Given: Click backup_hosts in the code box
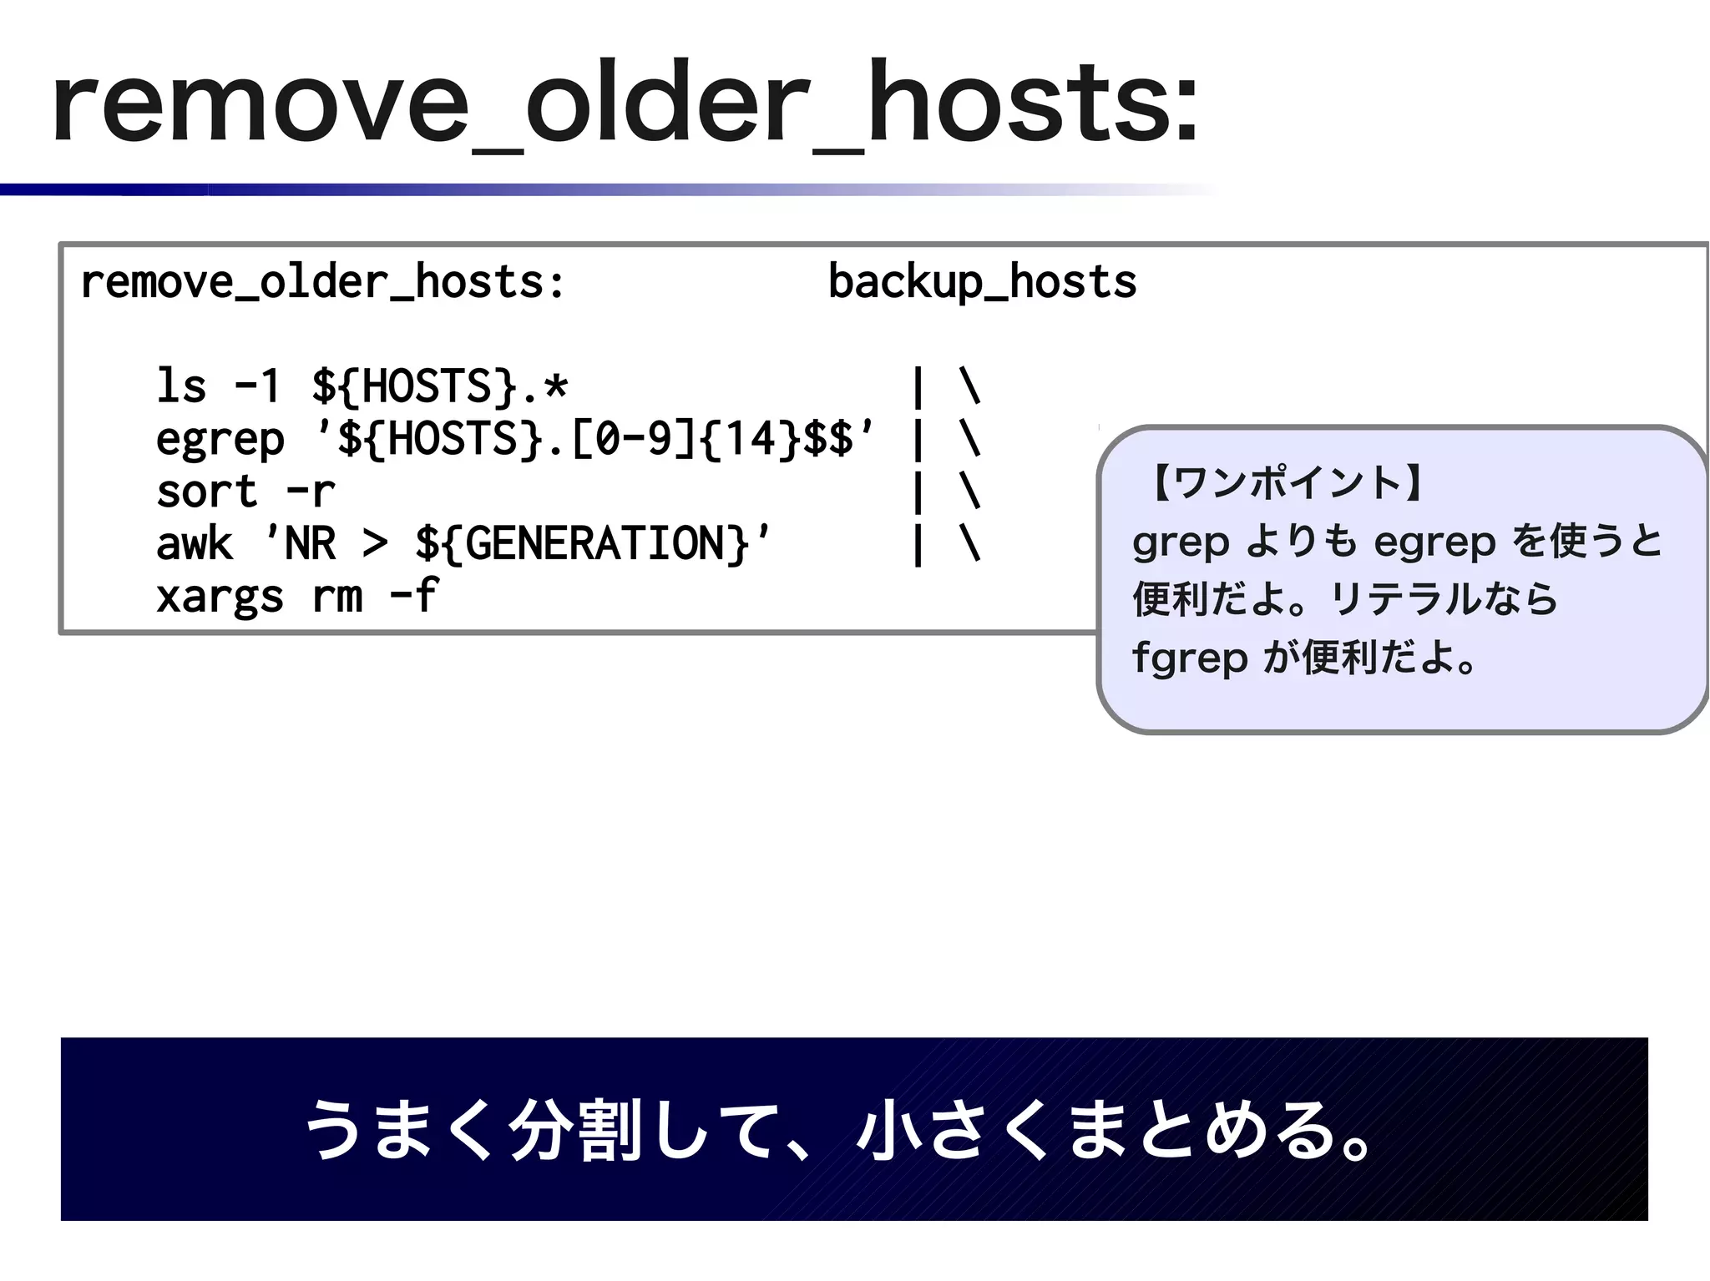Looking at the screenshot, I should point(982,282).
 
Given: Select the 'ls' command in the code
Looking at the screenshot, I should point(181,386).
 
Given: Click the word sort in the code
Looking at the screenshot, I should point(206,492).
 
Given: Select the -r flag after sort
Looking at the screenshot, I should point(311,492).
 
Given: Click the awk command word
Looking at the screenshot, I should point(194,544).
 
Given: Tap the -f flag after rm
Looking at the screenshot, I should point(414,596).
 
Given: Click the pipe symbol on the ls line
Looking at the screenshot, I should point(918,387).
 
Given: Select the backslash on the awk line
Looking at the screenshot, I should point(969,544).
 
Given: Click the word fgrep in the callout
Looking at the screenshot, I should point(1189,658).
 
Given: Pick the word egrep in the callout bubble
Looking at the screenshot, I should point(1434,542).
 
